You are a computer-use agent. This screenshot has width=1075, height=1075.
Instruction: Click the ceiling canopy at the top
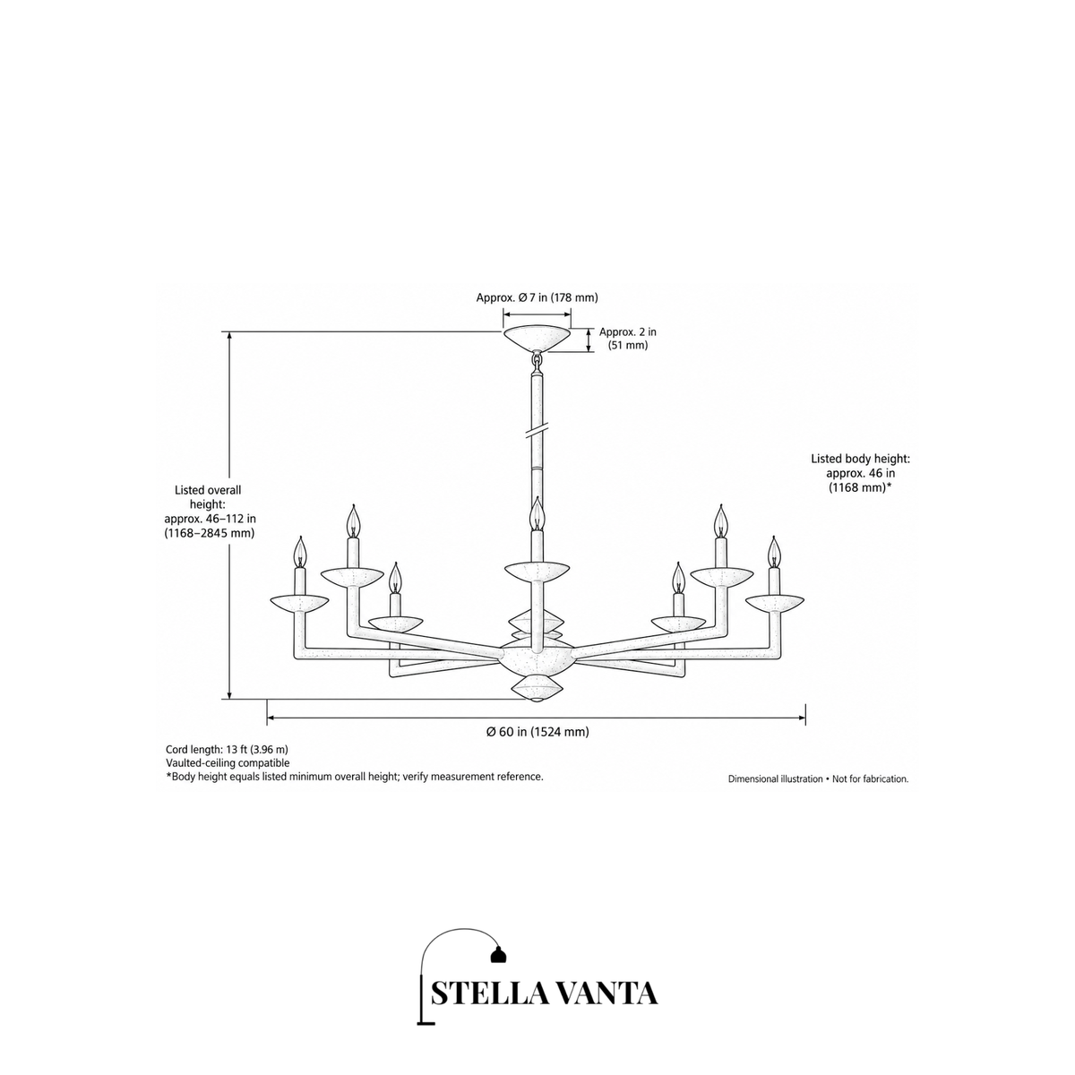tap(537, 339)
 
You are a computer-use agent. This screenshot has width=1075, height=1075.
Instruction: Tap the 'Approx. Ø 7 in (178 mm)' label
tap(537, 297)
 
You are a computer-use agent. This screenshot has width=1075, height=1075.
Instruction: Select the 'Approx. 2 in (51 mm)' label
tap(628, 338)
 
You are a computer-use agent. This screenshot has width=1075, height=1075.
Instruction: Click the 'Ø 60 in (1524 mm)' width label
tap(537, 731)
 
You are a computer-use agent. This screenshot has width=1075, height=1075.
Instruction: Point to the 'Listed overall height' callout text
tap(210, 511)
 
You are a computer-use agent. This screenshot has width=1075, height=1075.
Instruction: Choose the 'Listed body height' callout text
tap(860, 473)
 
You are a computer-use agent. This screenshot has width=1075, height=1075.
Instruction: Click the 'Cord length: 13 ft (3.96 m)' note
tap(227, 749)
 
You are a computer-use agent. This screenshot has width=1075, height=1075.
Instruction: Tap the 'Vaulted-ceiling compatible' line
tap(228, 762)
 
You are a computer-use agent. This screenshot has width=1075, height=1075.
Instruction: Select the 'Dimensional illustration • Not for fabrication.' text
tap(819, 778)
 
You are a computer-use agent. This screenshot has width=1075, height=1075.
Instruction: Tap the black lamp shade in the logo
tap(497, 954)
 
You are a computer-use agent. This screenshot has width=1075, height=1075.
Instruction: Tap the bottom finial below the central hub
tap(537, 689)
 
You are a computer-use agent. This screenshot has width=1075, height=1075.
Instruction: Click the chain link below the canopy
tap(537, 361)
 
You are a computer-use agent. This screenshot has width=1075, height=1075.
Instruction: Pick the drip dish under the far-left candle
tap(299, 604)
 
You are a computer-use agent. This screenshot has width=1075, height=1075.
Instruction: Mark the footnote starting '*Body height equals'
tap(354, 777)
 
